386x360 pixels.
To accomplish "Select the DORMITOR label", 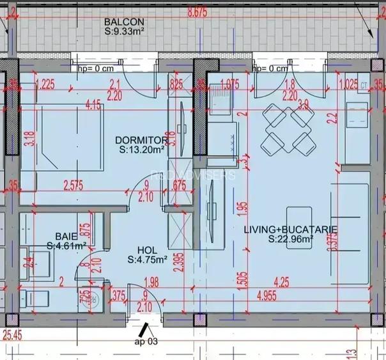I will tap(141, 140).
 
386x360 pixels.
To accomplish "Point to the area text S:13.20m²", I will tap(142, 150).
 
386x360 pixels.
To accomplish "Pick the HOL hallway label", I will tap(148, 249).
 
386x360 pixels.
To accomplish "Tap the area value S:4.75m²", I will tap(148, 260).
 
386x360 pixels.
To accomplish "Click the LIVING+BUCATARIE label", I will tap(291, 229).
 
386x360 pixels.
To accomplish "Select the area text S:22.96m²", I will tap(291, 240).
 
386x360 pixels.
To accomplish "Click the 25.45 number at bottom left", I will tap(12, 333).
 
